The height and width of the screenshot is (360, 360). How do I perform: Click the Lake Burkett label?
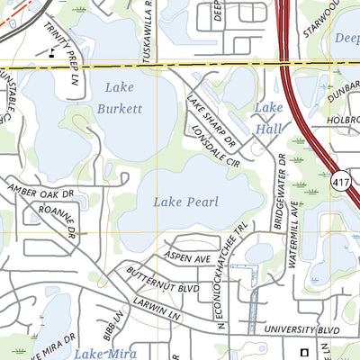click(122, 98)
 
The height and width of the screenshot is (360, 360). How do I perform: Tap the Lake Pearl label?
click(185, 202)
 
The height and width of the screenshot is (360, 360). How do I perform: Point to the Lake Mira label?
click(105, 353)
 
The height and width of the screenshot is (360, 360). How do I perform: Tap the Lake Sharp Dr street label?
click(210, 121)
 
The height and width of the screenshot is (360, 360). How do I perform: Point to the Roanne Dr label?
click(58, 220)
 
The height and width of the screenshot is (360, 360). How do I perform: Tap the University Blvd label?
click(306, 331)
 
